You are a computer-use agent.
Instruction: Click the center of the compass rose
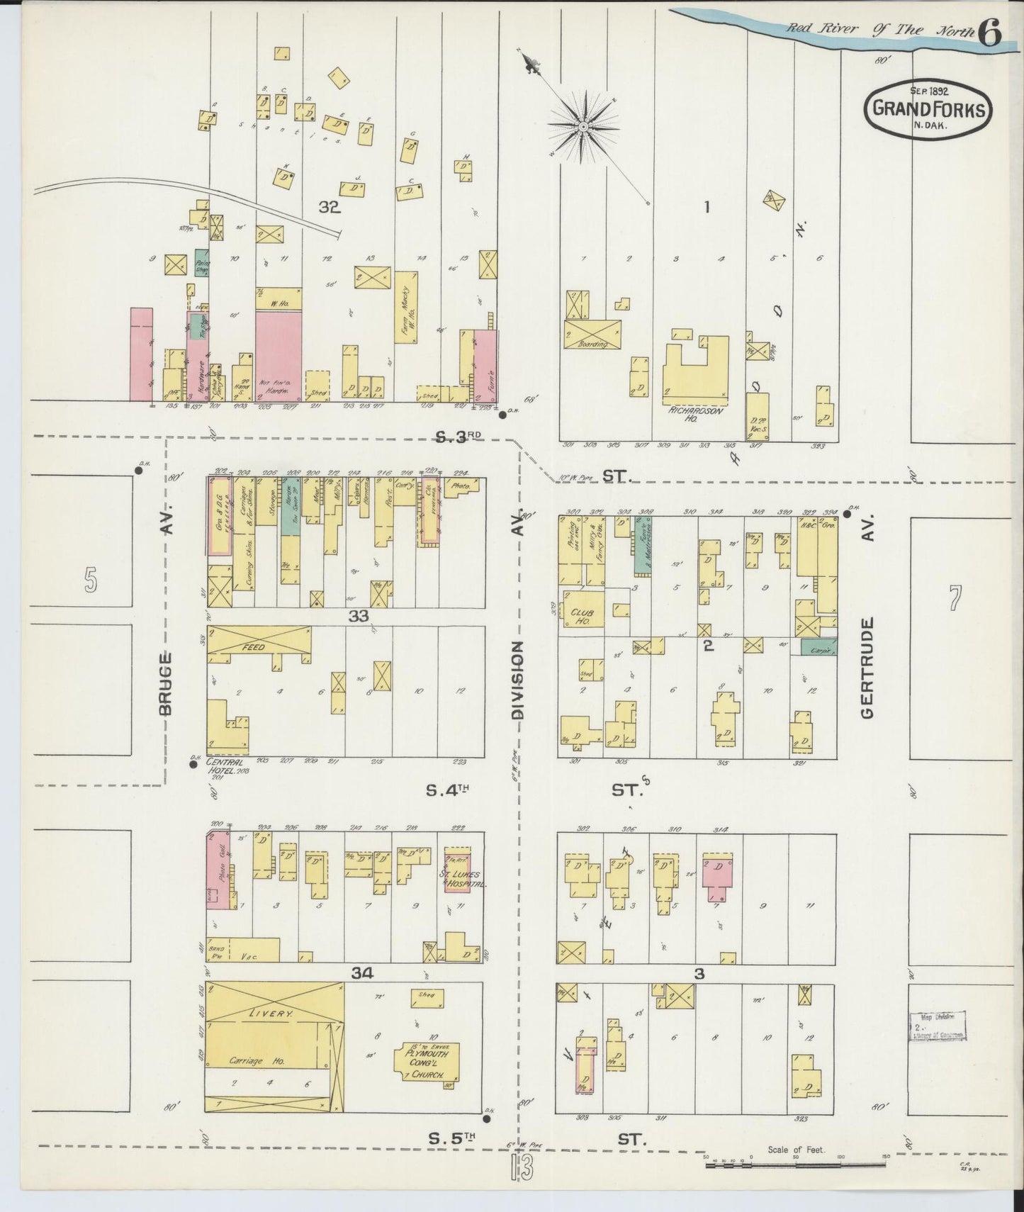(x=583, y=126)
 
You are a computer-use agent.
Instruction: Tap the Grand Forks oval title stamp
(x=927, y=110)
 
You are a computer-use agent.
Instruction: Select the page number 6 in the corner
(x=990, y=32)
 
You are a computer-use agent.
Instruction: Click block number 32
(x=330, y=208)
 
